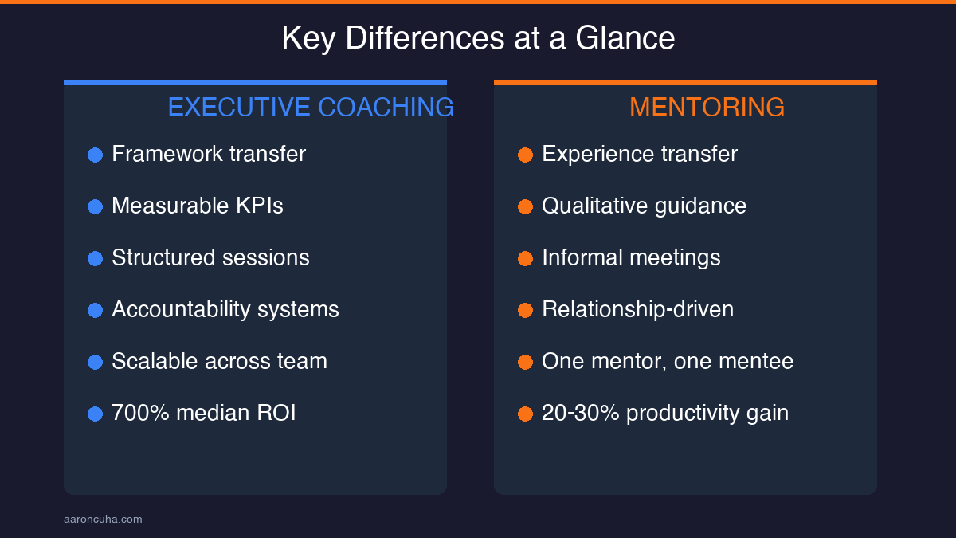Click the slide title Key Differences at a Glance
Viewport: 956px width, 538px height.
pyautogui.click(x=478, y=38)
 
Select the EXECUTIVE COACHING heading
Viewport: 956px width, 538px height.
pyautogui.click(x=311, y=107)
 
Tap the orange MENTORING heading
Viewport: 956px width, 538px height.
pyautogui.click(x=707, y=107)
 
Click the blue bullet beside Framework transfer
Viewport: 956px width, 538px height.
pyautogui.click(x=95, y=155)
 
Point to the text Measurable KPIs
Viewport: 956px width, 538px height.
pyautogui.click(x=197, y=206)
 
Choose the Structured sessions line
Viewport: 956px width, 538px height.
pyautogui.click(x=210, y=257)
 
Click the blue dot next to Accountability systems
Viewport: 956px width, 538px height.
pyautogui.click(x=95, y=310)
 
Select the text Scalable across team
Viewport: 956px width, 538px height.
pyautogui.click(x=219, y=361)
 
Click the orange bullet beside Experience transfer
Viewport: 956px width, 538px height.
pyautogui.click(x=525, y=155)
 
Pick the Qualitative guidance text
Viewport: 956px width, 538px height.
pyautogui.click(x=644, y=206)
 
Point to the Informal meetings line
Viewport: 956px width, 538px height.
pyautogui.click(x=631, y=257)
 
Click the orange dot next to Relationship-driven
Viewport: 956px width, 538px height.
pyautogui.click(x=525, y=310)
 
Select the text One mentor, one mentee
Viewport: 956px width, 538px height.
pyautogui.click(x=668, y=361)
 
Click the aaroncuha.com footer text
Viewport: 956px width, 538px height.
pyautogui.click(x=103, y=520)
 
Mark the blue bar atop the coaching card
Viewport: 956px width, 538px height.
pyautogui.click(x=255, y=82)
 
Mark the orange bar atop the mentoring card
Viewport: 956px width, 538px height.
pyautogui.click(x=685, y=82)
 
